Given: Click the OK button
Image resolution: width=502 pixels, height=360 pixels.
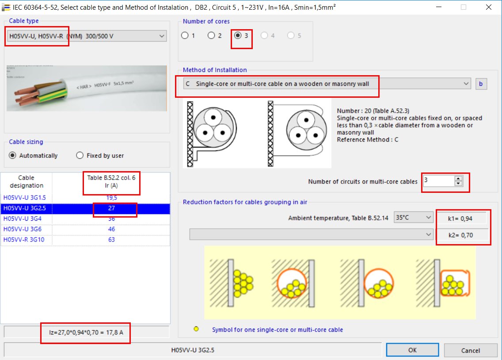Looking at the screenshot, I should (x=412, y=350).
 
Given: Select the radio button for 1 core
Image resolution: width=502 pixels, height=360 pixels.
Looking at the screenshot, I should (x=185, y=35).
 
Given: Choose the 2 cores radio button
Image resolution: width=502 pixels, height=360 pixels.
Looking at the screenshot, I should (x=211, y=35).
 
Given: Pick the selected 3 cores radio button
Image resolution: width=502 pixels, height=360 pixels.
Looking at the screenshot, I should (x=238, y=35).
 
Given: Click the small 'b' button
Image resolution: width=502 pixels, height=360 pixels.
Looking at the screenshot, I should (x=481, y=84).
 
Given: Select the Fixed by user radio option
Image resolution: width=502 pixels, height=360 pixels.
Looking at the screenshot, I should (x=80, y=155).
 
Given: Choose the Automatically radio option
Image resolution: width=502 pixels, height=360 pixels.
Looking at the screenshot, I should (x=12, y=155).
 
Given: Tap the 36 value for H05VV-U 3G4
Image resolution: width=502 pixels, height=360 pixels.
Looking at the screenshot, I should (x=111, y=218).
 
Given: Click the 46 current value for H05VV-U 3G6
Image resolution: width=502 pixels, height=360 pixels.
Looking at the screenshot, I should (x=111, y=229).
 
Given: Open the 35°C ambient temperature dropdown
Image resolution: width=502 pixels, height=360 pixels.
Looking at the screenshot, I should (x=413, y=218).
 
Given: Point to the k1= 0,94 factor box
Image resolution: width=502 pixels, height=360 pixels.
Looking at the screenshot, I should (x=462, y=218).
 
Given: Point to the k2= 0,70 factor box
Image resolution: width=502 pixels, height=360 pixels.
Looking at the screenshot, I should (x=462, y=235).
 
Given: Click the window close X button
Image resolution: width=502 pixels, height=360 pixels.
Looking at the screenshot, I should (x=488, y=7).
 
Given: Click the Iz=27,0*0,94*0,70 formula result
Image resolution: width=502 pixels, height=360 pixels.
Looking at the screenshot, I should (x=87, y=332).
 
